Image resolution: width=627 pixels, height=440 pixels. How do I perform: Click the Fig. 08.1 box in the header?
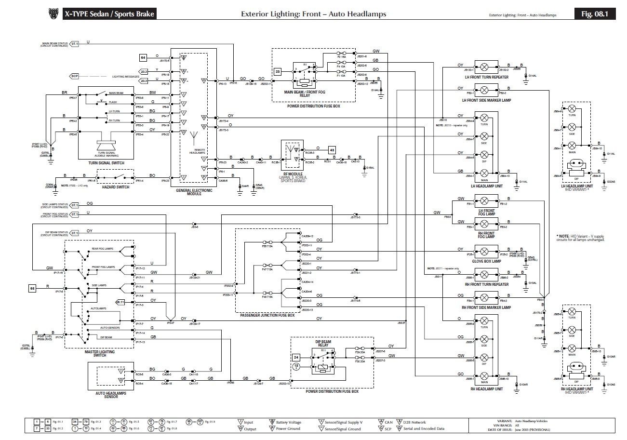pyautogui.click(x=598, y=14)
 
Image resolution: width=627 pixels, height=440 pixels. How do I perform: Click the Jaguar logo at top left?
pyautogui.click(x=53, y=14)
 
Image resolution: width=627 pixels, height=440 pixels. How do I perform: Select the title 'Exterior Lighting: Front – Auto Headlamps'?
pyautogui.click(x=313, y=14)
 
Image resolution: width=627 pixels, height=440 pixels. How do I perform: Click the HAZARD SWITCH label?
pyautogui.click(x=116, y=187)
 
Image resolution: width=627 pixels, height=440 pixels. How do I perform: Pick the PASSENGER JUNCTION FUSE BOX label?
pyautogui.click(x=267, y=315)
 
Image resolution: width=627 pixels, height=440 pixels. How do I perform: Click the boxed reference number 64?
pyautogui.click(x=143, y=57)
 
